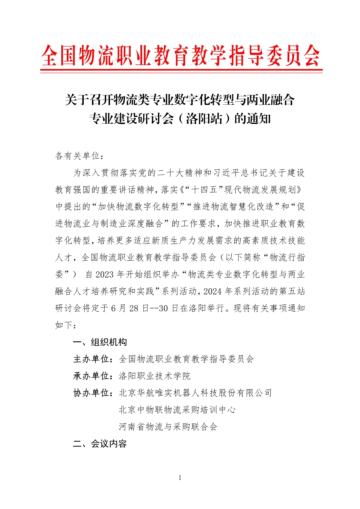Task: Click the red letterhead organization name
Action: point(180,55)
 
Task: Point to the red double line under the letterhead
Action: point(181,71)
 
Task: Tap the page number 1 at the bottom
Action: point(180,478)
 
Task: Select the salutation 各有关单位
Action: point(77,156)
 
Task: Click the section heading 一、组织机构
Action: point(100,342)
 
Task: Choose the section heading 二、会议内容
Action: point(100,444)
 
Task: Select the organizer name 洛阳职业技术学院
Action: point(155,376)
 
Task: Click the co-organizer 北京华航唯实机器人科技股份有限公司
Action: point(195,393)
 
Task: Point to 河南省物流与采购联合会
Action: point(168,427)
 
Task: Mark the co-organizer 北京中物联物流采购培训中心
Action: point(177,410)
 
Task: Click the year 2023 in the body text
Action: point(105,275)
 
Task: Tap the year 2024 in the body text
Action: point(213,291)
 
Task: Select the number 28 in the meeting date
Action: point(134,308)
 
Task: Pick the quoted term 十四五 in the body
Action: point(204,190)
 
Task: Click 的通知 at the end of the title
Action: point(252,119)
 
